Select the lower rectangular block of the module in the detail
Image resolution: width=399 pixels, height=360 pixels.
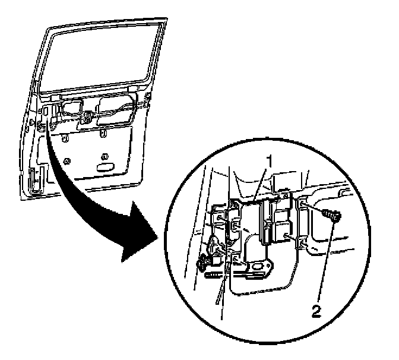[x=277, y=232]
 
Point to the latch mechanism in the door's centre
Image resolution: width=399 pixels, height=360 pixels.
[x=87, y=116]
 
